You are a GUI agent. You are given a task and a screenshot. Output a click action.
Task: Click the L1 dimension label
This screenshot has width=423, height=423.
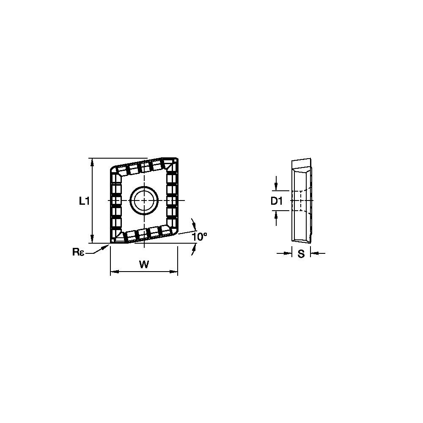pyautogui.click(x=85, y=201)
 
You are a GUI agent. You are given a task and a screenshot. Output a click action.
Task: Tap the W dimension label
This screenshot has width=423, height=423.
pyautogui.click(x=144, y=265)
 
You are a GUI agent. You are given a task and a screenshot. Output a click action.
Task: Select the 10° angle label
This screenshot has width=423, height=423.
pyautogui.click(x=199, y=237)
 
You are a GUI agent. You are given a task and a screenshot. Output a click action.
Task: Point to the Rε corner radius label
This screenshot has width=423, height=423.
pyautogui.click(x=78, y=252)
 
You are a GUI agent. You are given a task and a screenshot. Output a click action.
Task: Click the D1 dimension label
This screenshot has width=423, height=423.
pyautogui.click(x=276, y=201)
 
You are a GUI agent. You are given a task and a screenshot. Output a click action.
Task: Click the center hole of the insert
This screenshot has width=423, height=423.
pyautogui.click(x=144, y=200)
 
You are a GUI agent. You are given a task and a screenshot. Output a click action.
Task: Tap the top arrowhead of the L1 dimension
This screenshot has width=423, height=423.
pyautogui.click(x=93, y=161)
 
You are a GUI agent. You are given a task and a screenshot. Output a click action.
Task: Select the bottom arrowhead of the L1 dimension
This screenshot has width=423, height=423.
pyautogui.click(x=93, y=240)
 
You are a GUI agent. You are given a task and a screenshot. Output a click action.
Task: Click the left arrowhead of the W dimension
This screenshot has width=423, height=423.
pyautogui.click(x=113, y=272)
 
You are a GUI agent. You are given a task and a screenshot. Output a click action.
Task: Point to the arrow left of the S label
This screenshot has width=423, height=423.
pyautogui.click(x=289, y=253)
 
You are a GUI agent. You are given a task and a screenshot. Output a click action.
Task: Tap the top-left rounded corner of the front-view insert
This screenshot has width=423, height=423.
pyautogui.click(x=113, y=169)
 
